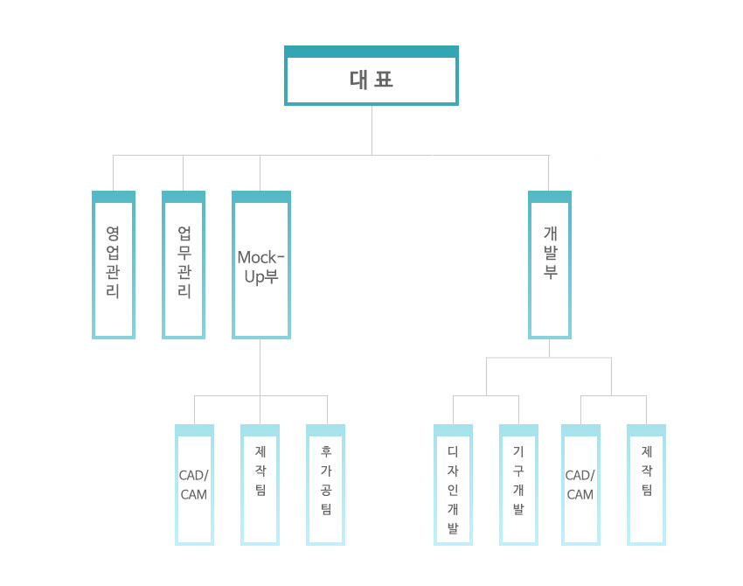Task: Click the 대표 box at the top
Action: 371,80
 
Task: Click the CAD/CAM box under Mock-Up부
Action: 194,486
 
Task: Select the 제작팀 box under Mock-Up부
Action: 260,486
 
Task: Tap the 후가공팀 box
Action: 325,486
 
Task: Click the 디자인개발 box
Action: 453,486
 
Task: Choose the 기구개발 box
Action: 518,486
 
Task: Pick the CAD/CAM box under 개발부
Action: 580,486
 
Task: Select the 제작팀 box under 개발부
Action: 646,486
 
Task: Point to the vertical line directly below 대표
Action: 371,129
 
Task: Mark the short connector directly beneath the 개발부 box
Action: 549,348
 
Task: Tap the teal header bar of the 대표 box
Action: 371,52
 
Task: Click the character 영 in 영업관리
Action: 114,234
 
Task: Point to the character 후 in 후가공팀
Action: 325,452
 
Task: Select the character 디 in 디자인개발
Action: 453,451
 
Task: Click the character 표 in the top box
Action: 384,80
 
